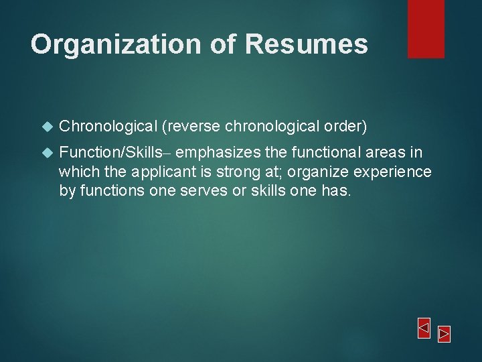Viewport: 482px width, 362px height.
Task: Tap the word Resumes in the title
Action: [x=306, y=44]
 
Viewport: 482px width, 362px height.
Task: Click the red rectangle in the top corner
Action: [x=426, y=28]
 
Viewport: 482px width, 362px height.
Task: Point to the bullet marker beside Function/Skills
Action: [x=46, y=154]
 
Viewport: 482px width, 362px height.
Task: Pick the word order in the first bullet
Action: [x=344, y=126]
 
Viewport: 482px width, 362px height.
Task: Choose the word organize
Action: [x=309, y=172]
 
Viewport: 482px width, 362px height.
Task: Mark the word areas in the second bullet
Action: [x=386, y=153]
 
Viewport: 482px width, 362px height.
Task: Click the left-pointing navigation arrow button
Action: [x=424, y=328]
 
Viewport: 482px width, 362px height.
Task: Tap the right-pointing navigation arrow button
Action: [x=444, y=333]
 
